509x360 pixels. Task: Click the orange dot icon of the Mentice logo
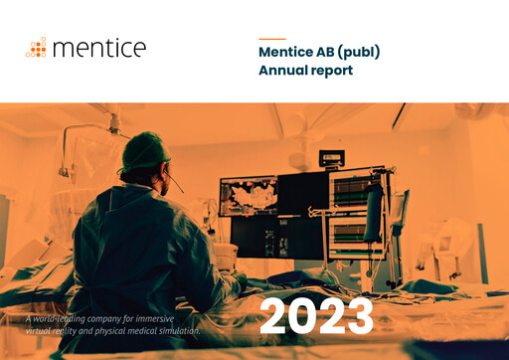point(37,48)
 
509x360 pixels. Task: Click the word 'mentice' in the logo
point(98,48)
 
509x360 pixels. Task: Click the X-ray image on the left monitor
point(248,195)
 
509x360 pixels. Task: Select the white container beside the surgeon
point(226,257)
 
